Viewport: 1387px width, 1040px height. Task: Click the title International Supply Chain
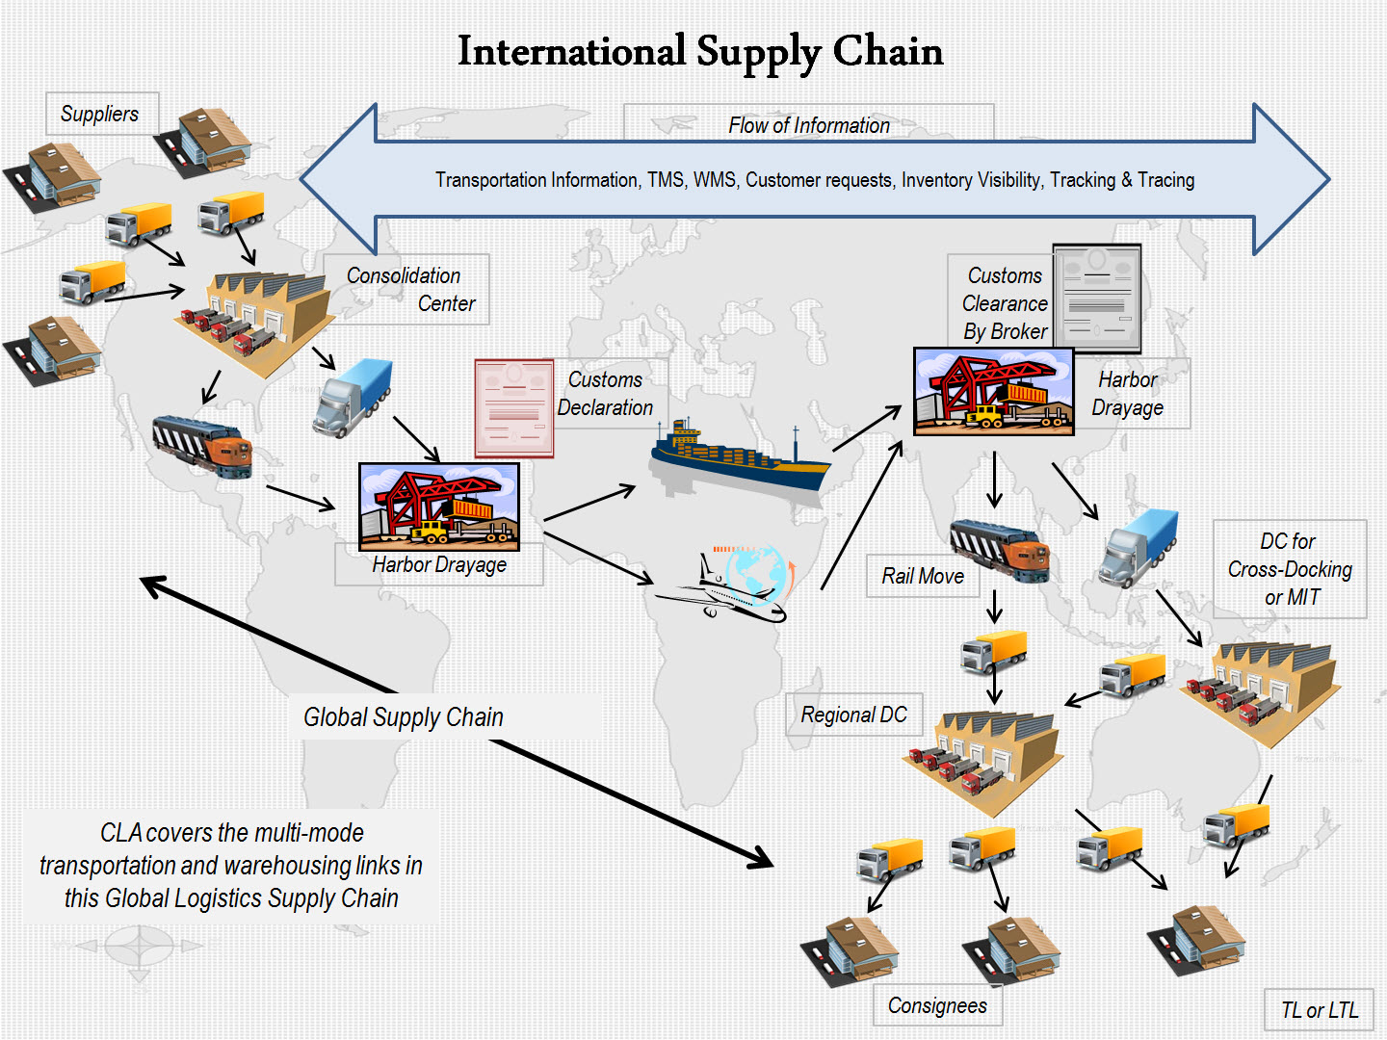700,51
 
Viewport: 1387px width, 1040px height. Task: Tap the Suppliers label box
100,114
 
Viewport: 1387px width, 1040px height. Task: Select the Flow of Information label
808,125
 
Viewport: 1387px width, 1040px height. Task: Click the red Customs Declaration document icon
514,408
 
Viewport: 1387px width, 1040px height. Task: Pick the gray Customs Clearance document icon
1097,298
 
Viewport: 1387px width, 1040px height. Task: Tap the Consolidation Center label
410,289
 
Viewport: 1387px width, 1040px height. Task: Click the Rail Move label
922,576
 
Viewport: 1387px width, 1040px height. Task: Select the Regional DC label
853,715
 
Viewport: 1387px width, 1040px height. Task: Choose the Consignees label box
937,1005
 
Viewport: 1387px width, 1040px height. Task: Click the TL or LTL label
1319,1010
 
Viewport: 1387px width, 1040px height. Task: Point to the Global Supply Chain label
404,717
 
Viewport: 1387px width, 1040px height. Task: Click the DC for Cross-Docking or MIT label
1290,569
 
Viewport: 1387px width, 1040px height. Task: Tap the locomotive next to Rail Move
1000,549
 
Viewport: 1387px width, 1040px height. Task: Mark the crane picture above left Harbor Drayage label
439,507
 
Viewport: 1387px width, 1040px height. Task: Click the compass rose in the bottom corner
139,947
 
